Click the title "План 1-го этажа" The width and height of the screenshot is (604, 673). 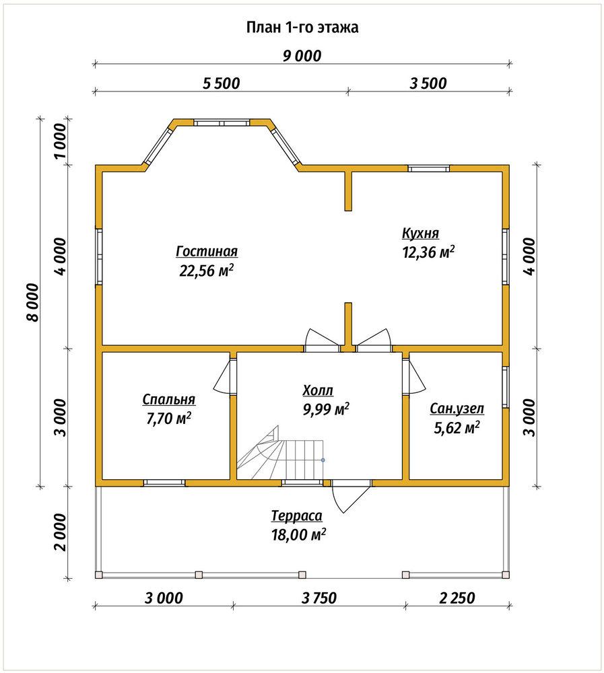(x=302, y=28)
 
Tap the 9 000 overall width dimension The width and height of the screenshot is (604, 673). (x=302, y=57)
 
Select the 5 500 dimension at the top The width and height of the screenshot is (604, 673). (x=222, y=83)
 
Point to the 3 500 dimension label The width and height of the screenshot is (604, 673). (x=428, y=83)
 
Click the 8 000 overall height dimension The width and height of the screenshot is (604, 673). (x=32, y=302)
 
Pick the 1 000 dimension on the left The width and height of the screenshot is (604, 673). (x=61, y=141)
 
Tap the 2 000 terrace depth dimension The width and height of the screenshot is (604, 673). (x=61, y=532)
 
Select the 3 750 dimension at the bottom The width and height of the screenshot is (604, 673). (x=319, y=598)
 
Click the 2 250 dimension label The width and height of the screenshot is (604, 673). (x=457, y=598)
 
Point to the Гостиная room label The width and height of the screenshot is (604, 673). (x=207, y=251)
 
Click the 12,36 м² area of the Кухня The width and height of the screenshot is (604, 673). (x=428, y=252)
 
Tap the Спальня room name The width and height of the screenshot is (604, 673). (x=169, y=400)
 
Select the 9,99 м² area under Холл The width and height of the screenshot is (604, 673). (x=326, y=409)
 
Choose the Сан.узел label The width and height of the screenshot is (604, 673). (x=457, y=409)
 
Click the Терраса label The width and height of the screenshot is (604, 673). (x=297, y=516)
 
